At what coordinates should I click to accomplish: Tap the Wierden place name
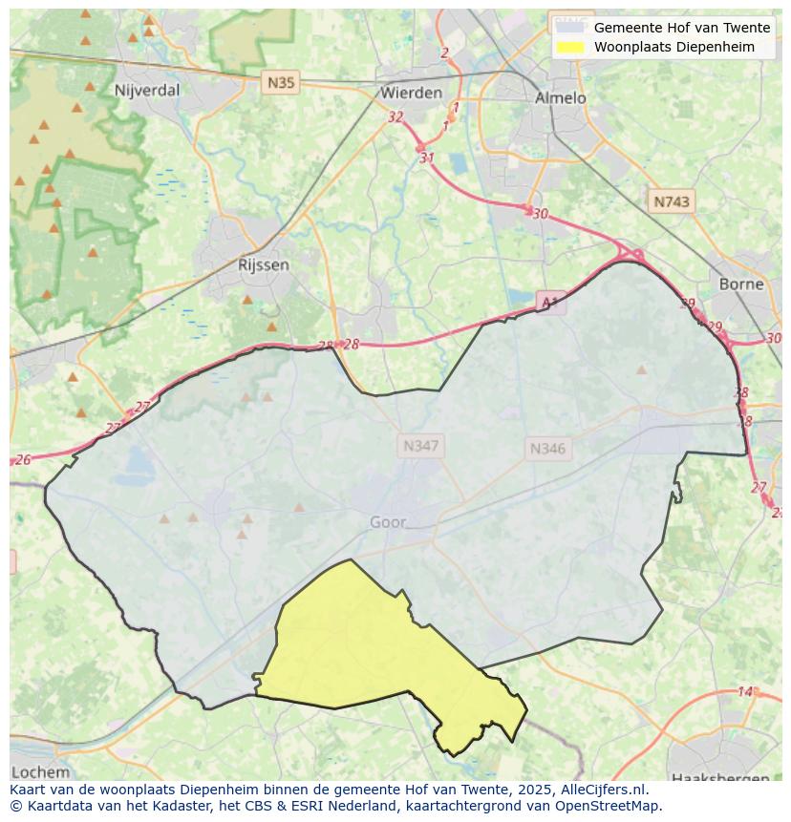pos(411,93)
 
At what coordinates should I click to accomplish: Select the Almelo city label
pos(560,97)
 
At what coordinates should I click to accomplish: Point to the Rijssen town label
pos(263,264)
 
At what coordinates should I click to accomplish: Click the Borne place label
pos(741,284)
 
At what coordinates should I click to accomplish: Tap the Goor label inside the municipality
pos(388,522)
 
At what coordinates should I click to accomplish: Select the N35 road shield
pos(281,83)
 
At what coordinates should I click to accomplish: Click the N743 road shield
pos(671,201)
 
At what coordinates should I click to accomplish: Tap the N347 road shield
pos(421,446)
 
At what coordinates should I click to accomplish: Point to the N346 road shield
pos(547,448)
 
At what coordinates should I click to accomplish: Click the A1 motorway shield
pos(549,303)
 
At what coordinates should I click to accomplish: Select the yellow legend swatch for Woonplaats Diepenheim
pos(570,47)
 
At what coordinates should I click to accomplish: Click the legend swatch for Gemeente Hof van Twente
pos(570,28)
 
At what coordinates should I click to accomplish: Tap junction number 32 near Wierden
pos(395,116)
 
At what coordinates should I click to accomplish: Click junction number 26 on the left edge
pos(23,460)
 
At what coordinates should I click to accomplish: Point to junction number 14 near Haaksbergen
pos(745,691)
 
